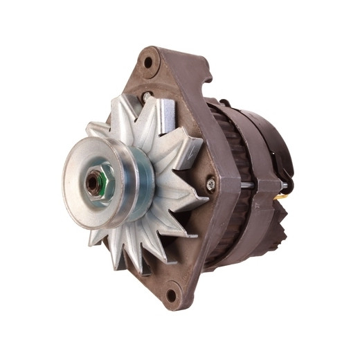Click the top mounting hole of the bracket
point(147,62)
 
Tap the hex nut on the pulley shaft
point(93,183)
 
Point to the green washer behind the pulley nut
point(102,181)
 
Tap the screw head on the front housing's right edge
point(210,183)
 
